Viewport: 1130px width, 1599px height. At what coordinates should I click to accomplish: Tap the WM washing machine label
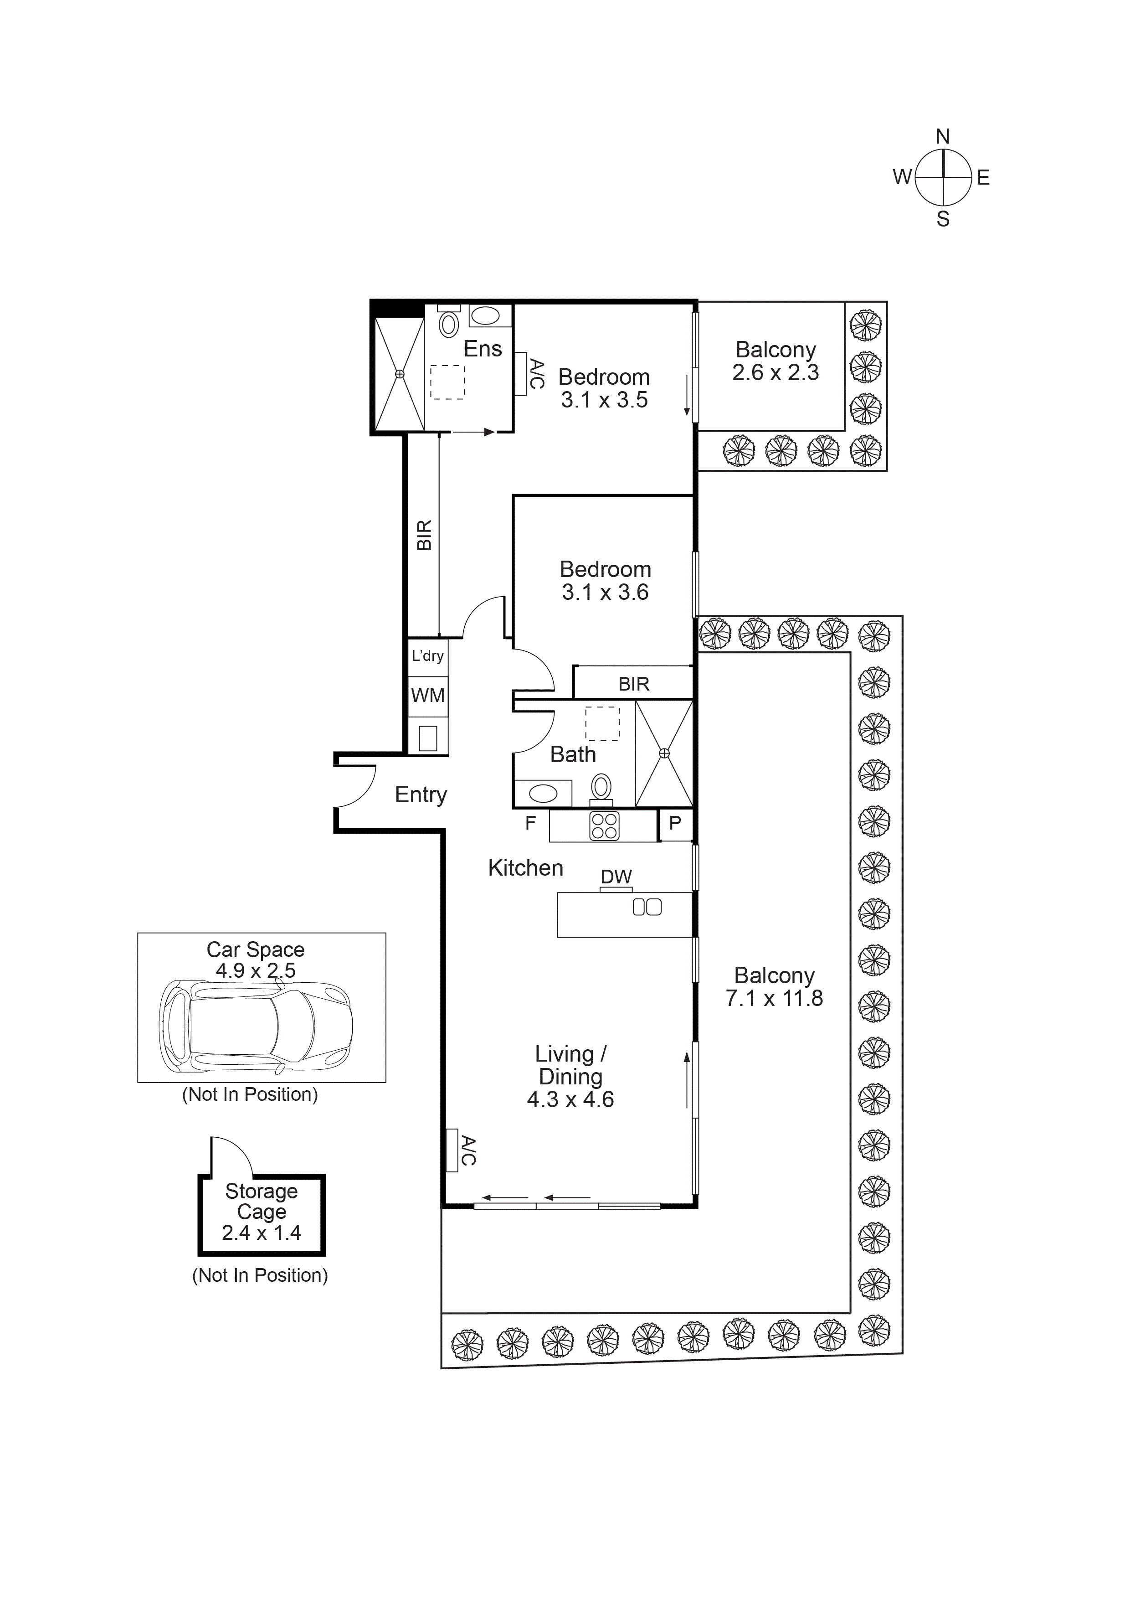click(x=427, y=695)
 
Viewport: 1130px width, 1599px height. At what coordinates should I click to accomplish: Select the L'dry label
click(x=427, y=655)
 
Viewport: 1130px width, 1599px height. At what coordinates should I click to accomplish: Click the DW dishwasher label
click(x=616, y=877)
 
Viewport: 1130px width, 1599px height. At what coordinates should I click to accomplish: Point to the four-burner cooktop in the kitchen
click(x=604, y=827)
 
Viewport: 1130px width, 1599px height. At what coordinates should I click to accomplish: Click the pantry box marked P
click(x=675, y=824)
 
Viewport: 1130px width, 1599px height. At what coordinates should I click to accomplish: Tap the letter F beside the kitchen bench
click(x=530, y=823)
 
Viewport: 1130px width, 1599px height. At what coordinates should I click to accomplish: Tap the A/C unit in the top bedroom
click(x=521, y=374)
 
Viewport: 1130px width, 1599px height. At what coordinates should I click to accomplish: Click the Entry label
click(x=421, y=794)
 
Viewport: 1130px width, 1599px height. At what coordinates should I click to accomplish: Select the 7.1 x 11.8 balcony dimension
click(x=774, y=999)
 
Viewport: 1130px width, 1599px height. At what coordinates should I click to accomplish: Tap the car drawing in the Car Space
click(x=256, y=1026)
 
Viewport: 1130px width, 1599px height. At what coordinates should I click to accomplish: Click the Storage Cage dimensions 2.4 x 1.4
click(x=261, y=1233)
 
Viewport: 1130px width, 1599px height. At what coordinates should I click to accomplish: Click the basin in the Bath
click(x=543, y=793)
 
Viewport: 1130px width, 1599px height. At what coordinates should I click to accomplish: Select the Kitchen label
click(x=526, y=868)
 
